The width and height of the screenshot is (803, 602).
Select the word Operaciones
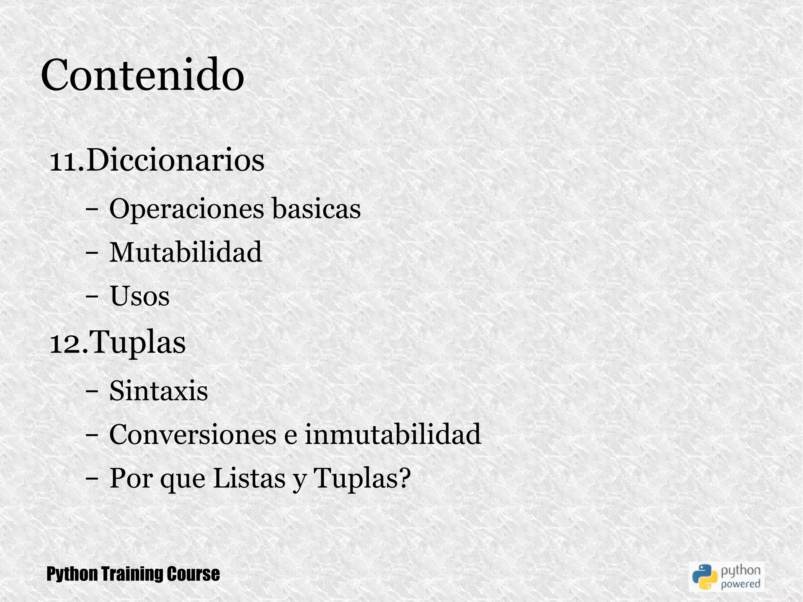[x=186, y=209]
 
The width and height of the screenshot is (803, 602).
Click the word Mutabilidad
[x=185, y=252]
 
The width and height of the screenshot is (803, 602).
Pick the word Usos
[x=139, y=296]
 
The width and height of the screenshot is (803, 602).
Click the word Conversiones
[x=193, y=435]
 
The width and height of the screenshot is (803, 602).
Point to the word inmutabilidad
[x=392, y=435]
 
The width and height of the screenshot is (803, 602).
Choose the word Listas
[x=249, y=478]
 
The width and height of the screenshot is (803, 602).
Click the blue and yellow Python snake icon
[x=705, y=577]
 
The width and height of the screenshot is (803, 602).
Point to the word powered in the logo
[x=741, y=584]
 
